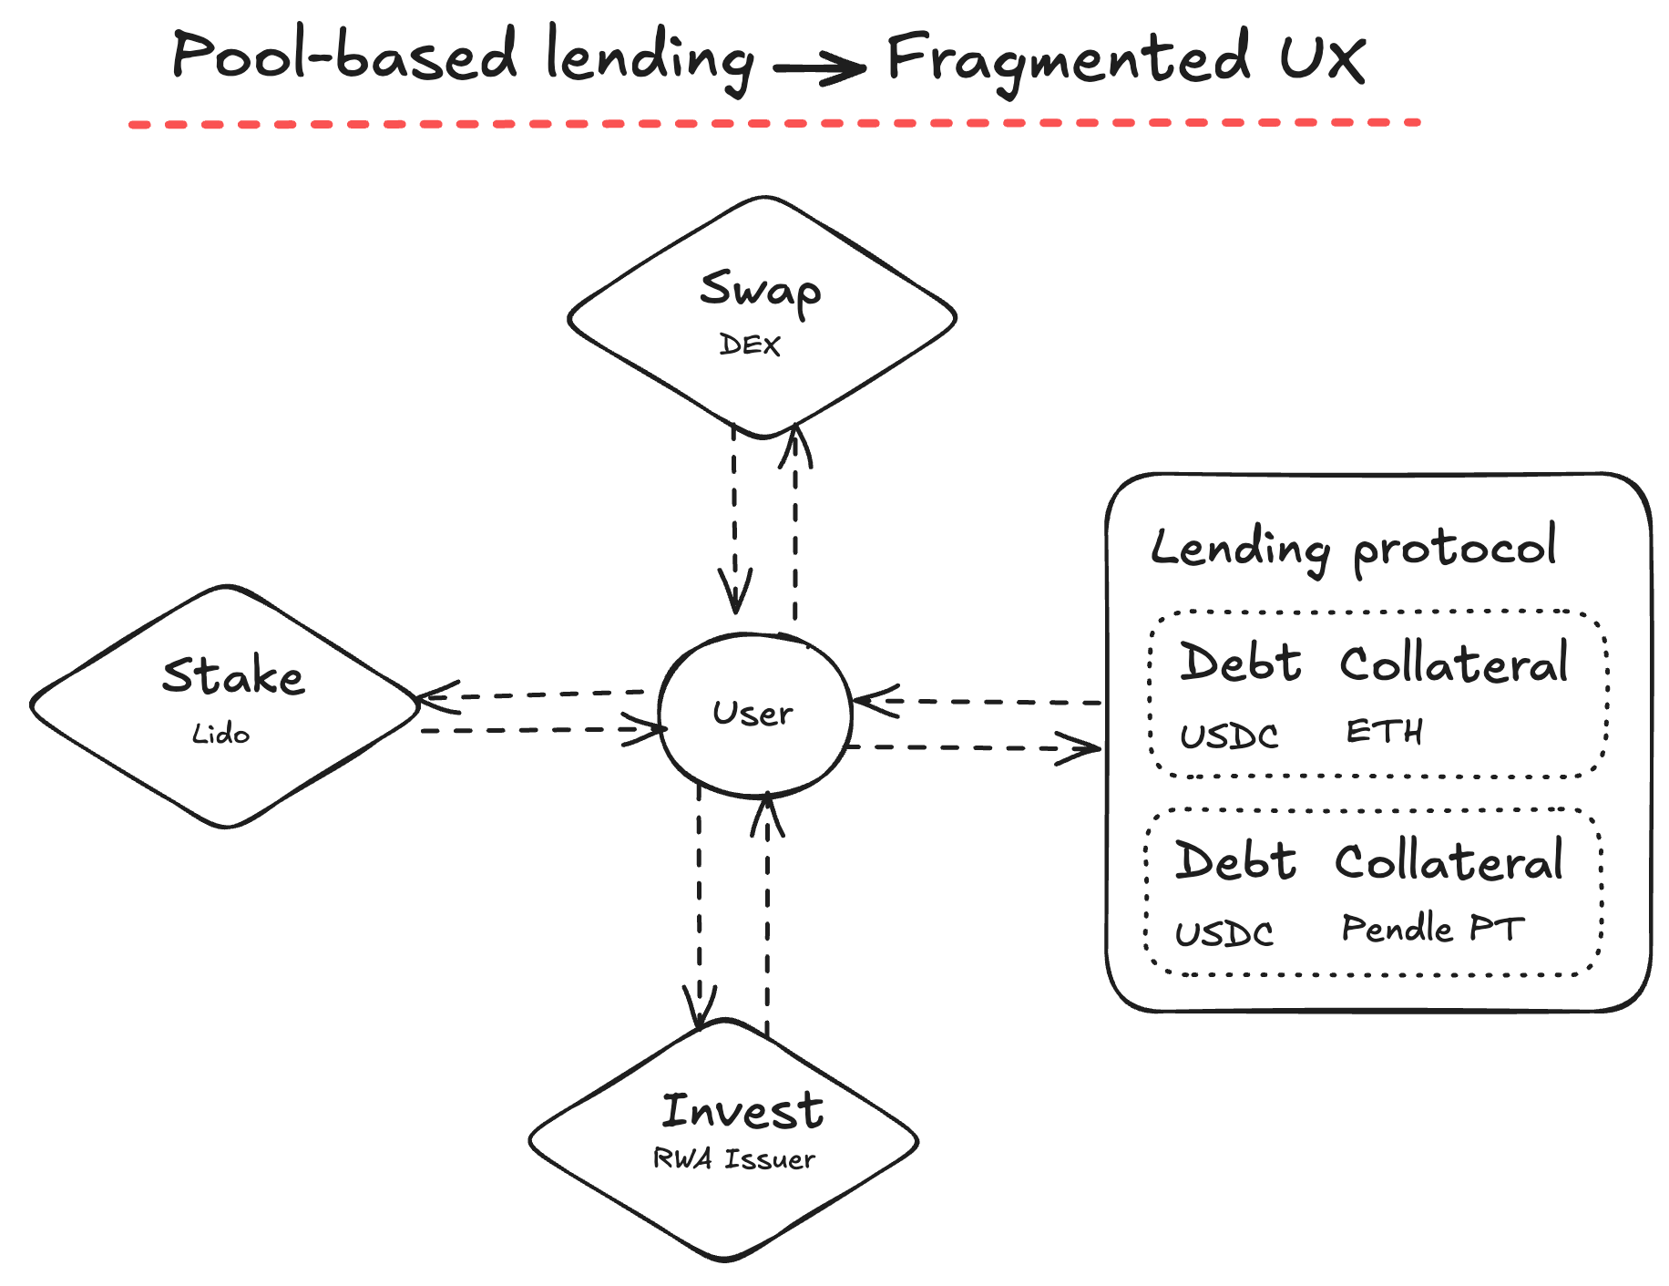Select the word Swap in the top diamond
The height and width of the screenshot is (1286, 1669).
point(761,290)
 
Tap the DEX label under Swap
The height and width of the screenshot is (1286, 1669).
point(750,345)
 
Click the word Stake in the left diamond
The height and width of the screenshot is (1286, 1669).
point(233,675)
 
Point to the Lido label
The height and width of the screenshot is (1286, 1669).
point(220,734)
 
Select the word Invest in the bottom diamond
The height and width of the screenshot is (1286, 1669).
point(742,1110)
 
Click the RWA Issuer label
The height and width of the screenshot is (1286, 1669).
point(733,1158)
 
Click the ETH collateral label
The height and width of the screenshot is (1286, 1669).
point(1384,732)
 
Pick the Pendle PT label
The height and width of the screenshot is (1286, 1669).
point(1432,929)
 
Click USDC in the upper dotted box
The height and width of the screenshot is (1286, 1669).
point(1229,736)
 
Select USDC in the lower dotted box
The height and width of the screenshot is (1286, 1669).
point(1224,933)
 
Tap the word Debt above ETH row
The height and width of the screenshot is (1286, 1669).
point(1240,662)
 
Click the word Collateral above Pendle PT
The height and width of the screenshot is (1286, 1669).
point(1449,860)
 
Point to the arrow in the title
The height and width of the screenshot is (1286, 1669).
point(819,67)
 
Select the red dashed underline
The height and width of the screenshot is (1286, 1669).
point(774,123)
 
